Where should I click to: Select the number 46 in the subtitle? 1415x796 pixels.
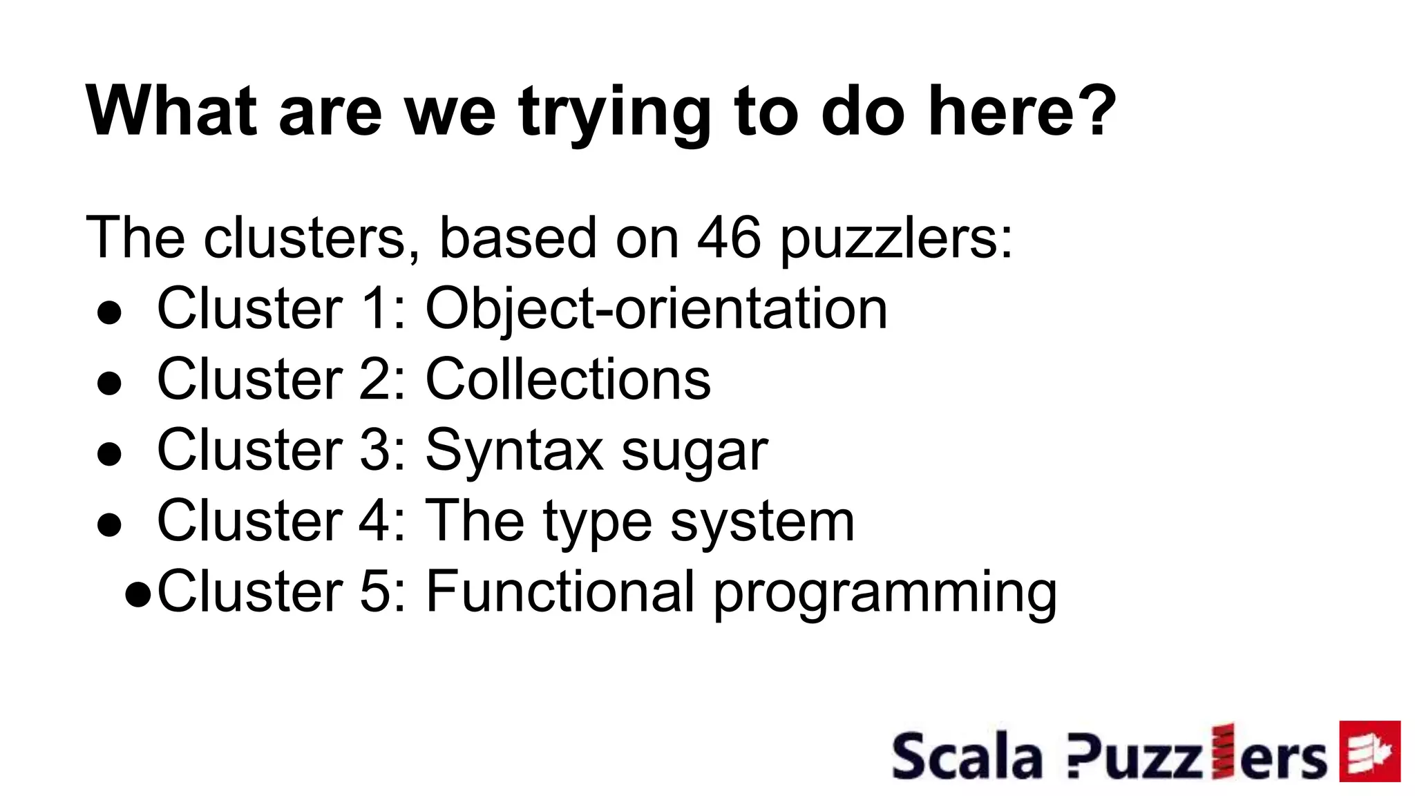coord(729,238)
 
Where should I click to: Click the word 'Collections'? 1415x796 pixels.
coord(568,379)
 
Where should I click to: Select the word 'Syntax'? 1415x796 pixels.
coord(515,451)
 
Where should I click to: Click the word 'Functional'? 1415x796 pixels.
coord(560,591)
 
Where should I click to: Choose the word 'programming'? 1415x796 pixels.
coord(884,595)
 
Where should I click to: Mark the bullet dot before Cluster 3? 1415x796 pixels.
coord(110,455)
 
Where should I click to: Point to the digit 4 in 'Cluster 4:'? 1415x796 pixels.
coord(374,520)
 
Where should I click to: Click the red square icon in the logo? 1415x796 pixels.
coord(1369,751)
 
